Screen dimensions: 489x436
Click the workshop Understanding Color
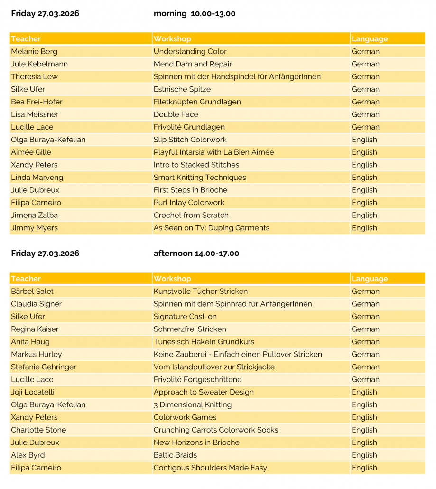coord(190,51)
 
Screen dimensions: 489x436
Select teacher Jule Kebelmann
coord(39,64)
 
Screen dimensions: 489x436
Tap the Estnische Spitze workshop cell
coord(182,89)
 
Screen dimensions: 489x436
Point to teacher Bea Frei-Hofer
coord(37,102)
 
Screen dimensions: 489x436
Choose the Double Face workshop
coord(176,114)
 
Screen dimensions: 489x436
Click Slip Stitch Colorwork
coord(190,140)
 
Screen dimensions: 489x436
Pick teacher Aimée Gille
coord(31,152)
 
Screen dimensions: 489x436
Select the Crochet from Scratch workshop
coord(191,215)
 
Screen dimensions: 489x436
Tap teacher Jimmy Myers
coord(34,228)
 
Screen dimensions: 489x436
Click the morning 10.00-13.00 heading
coord(195,13)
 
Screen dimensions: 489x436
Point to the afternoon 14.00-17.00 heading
coord(196,254)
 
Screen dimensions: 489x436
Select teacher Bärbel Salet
coord(32,291)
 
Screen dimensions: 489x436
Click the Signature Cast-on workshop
coord(185,316)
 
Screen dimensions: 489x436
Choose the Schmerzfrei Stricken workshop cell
coord(190,329)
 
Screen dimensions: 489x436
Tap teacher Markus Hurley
coord(36,354)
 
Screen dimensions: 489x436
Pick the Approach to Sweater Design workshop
coord(204,392)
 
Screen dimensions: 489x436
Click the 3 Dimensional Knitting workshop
coord(192,404)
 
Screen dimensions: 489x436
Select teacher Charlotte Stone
coord(38,430)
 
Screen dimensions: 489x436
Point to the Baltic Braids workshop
coord(175,455)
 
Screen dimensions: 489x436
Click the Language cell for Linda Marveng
coord(364,178)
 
